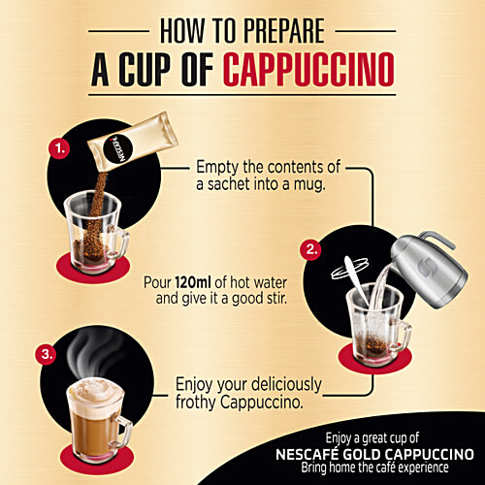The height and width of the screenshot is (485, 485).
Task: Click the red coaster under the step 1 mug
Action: point(91,260)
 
